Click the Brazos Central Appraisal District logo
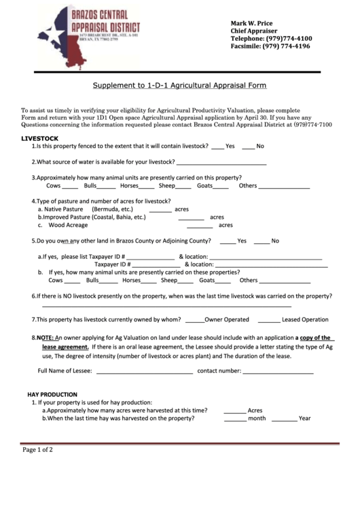click(x=88, y=37)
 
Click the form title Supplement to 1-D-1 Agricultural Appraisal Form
click(x=179, y=86)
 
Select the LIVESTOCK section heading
click(x=39, y=138)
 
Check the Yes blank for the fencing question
click(x=217, y=147)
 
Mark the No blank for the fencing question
click(x=248, y=147)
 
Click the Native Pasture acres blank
click(x=160, y=211)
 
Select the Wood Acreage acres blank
click(x=199, y=226)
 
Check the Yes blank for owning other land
click(x=228, y=242)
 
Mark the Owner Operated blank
click(x=194, y=320)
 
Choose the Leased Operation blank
click(x=268, y=320)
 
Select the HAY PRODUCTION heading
click(x=52, y=394)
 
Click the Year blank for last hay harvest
click(x=285, y=419)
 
